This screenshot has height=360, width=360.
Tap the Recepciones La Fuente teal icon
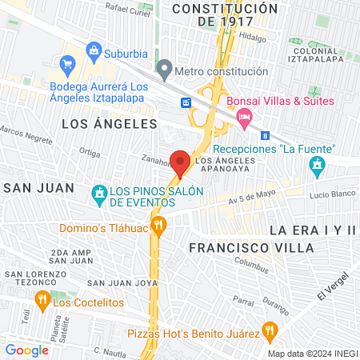pos(317,166)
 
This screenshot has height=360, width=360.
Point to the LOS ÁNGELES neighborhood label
pos(109,124)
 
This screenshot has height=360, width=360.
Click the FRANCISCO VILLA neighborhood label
pos(251,248)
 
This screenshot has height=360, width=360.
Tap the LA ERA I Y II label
pos(312,230)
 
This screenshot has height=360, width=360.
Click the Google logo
pos(26,350)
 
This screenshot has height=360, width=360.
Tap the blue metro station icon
pos(186,102)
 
